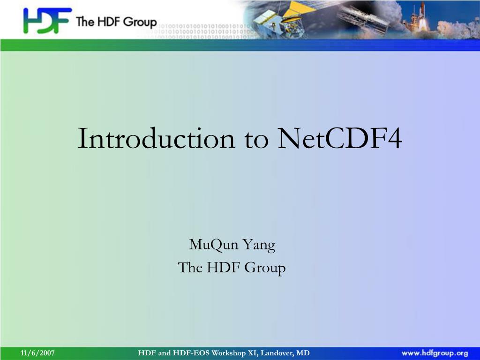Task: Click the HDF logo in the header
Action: click(x=47, y=20)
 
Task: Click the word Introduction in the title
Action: click(x=156, y=138)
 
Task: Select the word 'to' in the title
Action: click(x=256, y=140)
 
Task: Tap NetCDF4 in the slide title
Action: click(x=339, y=138)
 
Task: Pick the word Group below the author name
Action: click(x=265, y=268)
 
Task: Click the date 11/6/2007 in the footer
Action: click(x=37, y=353)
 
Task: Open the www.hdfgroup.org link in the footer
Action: click(x=435, y=353)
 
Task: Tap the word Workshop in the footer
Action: click(x=229, y=353)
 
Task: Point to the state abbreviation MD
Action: click(x=303, y=353)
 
